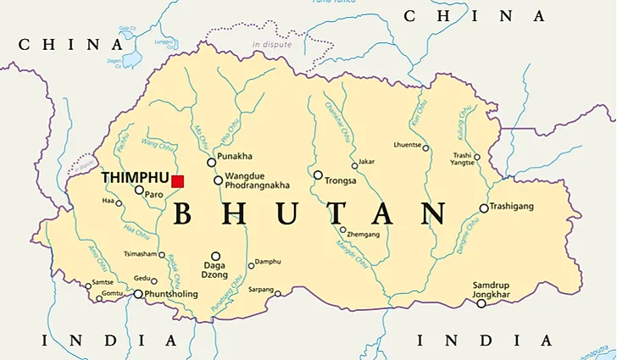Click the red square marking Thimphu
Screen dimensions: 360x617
[177, 180]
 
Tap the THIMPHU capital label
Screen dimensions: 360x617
[135, 178]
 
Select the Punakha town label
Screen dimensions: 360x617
[235, 157]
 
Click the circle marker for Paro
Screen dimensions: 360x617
[140, 190]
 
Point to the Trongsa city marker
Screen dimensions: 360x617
[318, 175]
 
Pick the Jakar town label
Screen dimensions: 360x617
[366, 160]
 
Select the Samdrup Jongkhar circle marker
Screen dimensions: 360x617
[481, 303]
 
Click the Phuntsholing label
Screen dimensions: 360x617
[172, 294]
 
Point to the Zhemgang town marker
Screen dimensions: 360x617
[343, 230]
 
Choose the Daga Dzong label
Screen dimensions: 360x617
[214, 270]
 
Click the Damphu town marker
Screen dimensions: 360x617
[251, 265]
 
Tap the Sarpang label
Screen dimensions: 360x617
[261, 290]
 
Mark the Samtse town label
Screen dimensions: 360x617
[103, 282]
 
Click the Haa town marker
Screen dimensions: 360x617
[120, 202]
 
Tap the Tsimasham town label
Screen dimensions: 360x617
[140, 254]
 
